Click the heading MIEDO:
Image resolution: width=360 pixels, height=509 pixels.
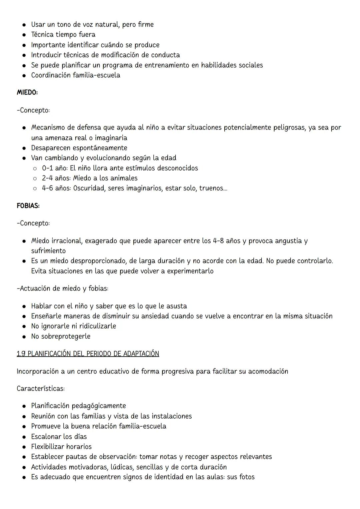point(27,92)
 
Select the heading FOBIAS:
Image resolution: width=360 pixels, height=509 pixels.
point(28,206)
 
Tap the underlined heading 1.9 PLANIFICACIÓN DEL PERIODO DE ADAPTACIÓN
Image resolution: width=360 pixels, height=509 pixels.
point(88,354)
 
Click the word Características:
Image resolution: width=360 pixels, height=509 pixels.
point(41,389)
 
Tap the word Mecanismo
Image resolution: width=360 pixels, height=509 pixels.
point(53,127)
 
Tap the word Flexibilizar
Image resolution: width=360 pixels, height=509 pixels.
point(48,446)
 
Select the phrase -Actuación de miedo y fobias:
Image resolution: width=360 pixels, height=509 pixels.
point(62,289)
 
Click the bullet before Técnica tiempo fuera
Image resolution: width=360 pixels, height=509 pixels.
point(24,35)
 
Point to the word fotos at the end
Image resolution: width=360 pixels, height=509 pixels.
point(247,477)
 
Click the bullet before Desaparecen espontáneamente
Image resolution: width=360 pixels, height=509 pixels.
point(24,148)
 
